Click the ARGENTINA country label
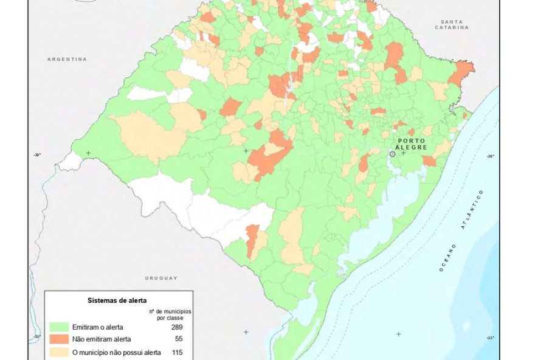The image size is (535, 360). (67, 59)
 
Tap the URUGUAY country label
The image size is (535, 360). (161, 278)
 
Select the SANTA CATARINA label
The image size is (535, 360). (452, 25)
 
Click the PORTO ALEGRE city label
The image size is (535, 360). (412, 144)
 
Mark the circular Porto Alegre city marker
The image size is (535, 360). (392, 154)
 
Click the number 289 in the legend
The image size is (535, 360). (178, 327)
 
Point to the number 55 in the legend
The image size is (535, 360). (178, 339)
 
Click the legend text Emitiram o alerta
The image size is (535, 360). (98, 327)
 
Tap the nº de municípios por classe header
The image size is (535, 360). (170, 314)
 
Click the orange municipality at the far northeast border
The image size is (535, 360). (462, 72)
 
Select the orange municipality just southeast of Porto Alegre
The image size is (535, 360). (429, 161)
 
